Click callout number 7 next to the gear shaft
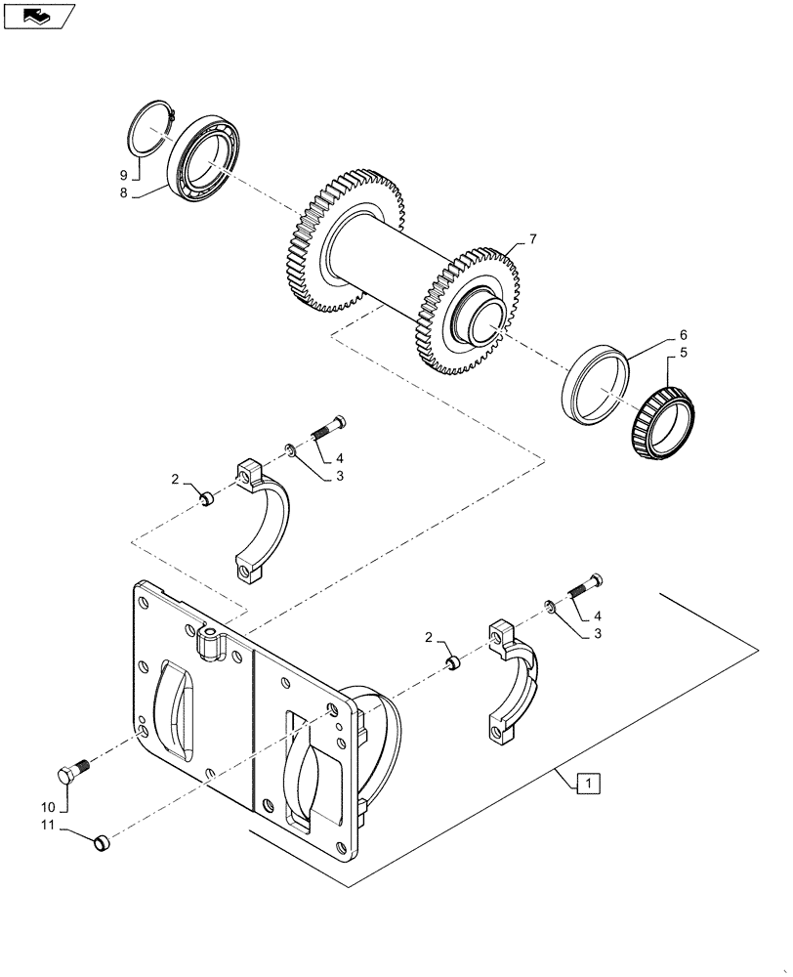pyautogui.click(x=533, y=238)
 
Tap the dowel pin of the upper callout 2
pyautogui.click(x=206, y=499)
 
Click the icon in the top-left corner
pyautogui.click(x=39, y=16)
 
